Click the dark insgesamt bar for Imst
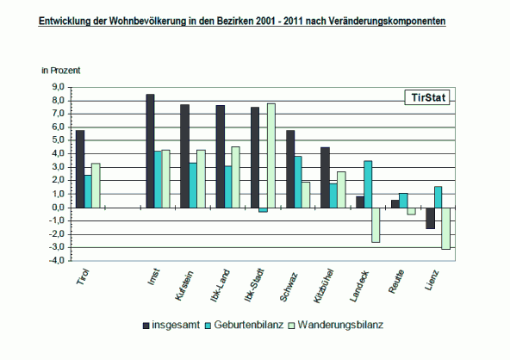(x=150, y=151)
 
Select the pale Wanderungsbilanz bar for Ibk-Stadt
(x=271, y=155)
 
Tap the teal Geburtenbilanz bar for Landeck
(x=368, y=184)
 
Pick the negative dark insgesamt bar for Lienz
(x=431, y=218)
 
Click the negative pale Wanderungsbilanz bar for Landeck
(x=376, y=225)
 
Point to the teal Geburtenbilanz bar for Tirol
(x=88, y=191)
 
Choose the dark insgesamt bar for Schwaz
(x=290, y=169)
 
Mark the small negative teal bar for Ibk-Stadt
(x=263, y=210)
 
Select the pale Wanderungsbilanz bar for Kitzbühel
(x=341, y=189)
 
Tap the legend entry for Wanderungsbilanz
(x=336, y=325)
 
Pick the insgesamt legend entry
(x=171, y=325)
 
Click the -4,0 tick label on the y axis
(x=56, y=261)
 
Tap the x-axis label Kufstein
(x=184, y=286)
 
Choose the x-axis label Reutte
(x=396, y=282)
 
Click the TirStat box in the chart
(x=427, y=97)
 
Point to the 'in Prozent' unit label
(x=61, y=71)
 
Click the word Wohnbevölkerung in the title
(x=147, y=21)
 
